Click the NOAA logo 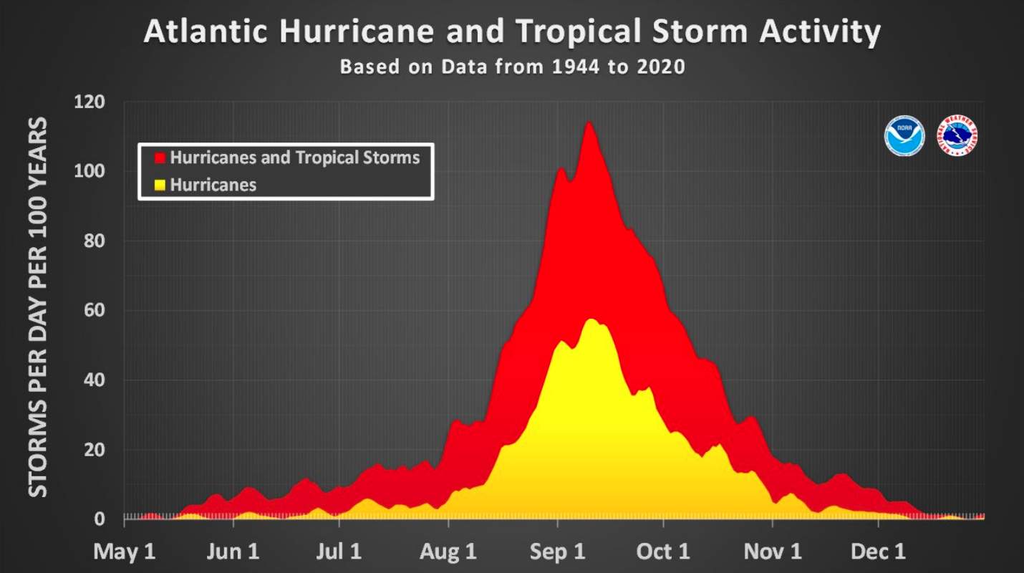pos(904,136)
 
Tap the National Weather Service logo pos(957,136)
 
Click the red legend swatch pos(160,158)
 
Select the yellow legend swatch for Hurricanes pos(160,186)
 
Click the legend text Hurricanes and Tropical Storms pos(294,158)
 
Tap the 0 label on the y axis pos(100,519)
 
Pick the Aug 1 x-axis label pos(448,552)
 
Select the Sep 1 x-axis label pos(557,552)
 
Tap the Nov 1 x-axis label pos(773,552)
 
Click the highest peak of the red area pos(589,123)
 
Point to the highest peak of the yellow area pos(591,319)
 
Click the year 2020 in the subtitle pos(660,67)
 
